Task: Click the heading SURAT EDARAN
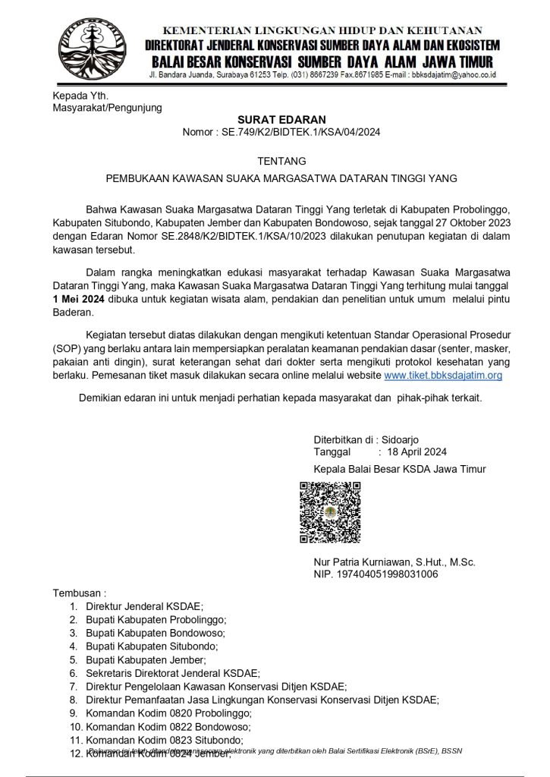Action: pos(281,119)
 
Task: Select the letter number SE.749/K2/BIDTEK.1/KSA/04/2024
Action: pos(300,133)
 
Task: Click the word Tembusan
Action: pos(77,592)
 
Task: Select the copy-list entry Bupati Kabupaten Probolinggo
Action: pos(156,620)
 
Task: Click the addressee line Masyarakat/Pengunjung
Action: pos(107,108)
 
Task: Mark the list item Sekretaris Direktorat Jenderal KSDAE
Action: pos(173,673)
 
